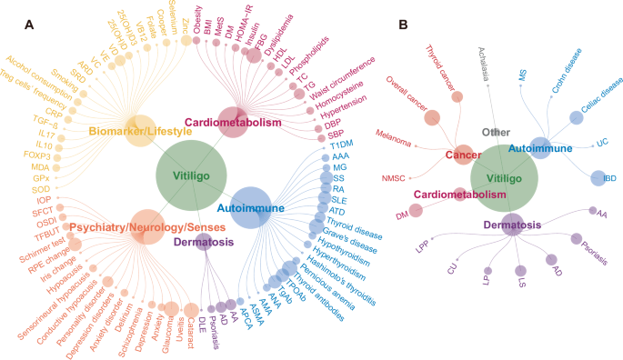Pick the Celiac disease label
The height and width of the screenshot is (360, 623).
pos(600,96)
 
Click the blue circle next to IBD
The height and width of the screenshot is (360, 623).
pos(598,178)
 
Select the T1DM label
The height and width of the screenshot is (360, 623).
pos(342,145)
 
